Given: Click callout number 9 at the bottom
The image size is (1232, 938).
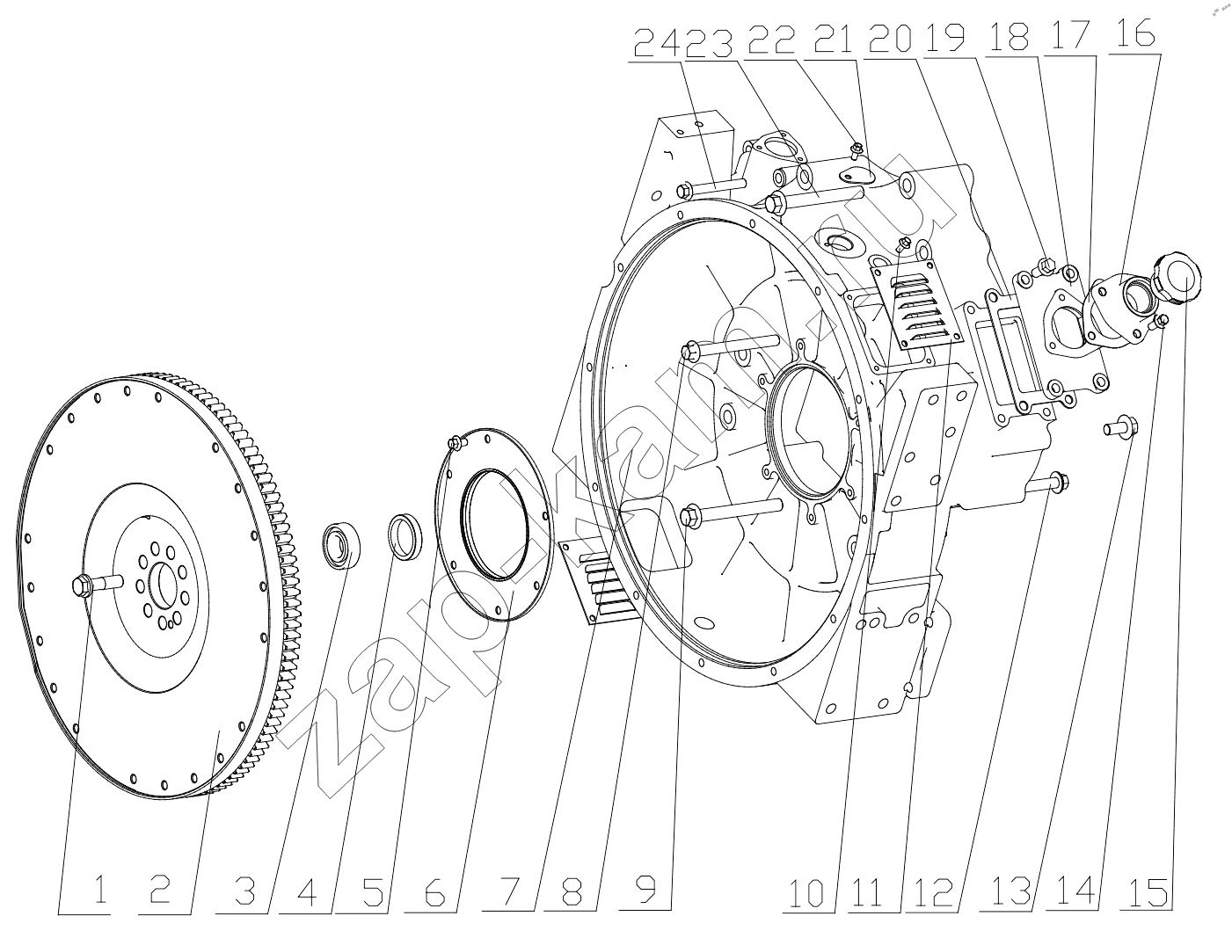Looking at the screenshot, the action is (x=645, y=889).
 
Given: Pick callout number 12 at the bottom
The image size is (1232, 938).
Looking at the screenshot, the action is (x=934, y=891).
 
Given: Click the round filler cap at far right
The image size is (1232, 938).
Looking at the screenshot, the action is (x=1177, y=279).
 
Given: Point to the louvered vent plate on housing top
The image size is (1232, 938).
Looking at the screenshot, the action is (x=916, y=308).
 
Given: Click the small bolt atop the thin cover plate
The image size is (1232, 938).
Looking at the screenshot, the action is (x=457, y=443).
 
